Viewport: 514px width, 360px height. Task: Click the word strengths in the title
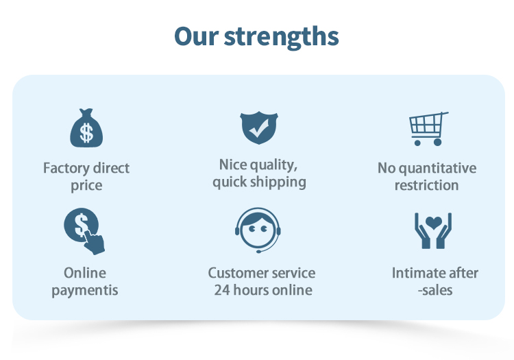click(281, 38)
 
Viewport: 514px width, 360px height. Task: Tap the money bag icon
click(86, 128)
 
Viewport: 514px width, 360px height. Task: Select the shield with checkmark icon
click(259, 128)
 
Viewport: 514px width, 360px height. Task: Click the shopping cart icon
click(428, 128)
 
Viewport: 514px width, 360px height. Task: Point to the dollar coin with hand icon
click(84, 231)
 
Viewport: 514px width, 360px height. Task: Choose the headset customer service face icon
click(258, 230)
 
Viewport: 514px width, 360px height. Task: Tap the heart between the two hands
click(433, 223)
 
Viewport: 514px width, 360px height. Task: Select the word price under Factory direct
click(86, 186)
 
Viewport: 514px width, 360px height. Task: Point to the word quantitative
click(438, 169)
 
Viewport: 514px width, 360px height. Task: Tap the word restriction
click(426, 186)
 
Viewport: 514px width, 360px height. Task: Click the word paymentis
click(85, 291)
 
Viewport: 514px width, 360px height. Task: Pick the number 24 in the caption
click(222, 290)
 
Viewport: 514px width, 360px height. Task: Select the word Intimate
click(416, 273)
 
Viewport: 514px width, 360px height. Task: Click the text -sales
click(435, 291)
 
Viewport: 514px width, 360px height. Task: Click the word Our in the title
click(197, 36)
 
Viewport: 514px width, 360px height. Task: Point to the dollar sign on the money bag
click(86, 133)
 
